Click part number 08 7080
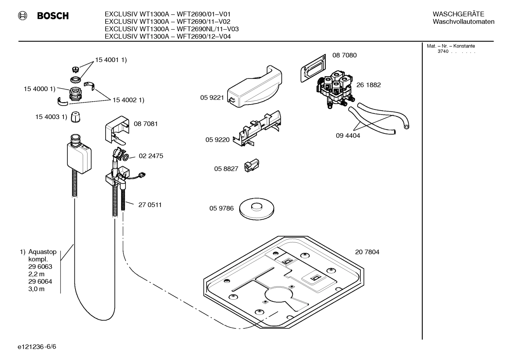[344, 55]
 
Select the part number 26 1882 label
[369, 85]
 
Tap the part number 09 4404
[348, 136]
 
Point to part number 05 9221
[212, 98]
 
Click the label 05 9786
[221, 208]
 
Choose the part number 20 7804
[367, 252]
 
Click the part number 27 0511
[150, 205]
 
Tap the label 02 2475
[151, 156]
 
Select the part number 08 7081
[146, 124]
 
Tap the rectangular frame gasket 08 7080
[312, 69]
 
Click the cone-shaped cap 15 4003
[75, 117]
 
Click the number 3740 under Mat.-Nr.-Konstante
[443, 51]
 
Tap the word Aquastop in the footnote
[42, 252]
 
